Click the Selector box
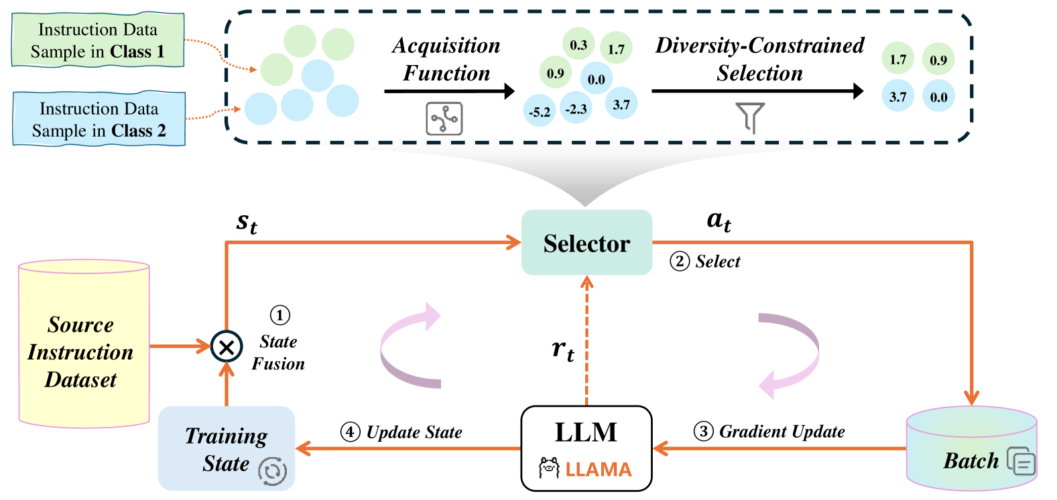pyautogui.click(x=586, y=243)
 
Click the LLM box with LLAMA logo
pyautogui.click(x=586, y=448)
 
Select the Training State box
pyautogui.click(x=227, y=448)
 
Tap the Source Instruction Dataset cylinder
pyautogui.click(x=84, y=344)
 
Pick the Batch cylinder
pyautogui.click(x=971, y=448)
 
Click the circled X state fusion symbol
pyautogui.click(x=227, y=347)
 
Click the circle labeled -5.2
pyautogui.click(x=540, y=112)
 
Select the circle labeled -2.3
pyautogui.click(x=576, y=109)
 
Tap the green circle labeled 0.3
pyautogui.click(x=578, y=45)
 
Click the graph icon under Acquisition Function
pyautogui.click(x=444, y=119)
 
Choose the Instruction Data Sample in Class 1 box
pyautogui.click(x=98, y=40)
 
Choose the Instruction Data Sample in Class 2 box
pyautogui.click(x=99, y=119)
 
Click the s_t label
pyautogui.click(x=247, y=223)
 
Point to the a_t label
pyautogui.click(x=719, y=221)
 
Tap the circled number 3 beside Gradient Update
pyautogui.click(x=703, y=431)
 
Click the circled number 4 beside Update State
pyautogui.click(x=350, y=432)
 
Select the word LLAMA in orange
pyautogui.click(x=598, y=469)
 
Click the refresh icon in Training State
pyautogui.click(x=273, y=471)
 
